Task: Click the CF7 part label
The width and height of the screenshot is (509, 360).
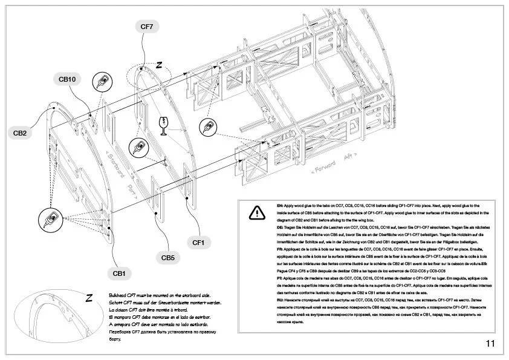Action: [147, 27]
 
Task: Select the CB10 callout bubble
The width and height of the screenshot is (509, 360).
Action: [66, 79]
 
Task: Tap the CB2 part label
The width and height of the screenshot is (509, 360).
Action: [20, 133]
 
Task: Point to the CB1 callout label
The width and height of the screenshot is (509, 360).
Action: [118, 273]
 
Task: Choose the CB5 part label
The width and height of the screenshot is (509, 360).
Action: [168, 258]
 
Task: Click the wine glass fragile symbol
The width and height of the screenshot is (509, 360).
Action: [163, 125]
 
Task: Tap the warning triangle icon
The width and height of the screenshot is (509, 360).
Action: [256, 212]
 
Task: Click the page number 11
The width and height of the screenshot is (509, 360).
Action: [490, 344]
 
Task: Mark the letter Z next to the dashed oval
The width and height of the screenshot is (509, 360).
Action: [159, 64]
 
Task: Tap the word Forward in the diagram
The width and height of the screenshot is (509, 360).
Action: [324, 166]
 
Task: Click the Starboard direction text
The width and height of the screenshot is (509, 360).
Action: [115, 162]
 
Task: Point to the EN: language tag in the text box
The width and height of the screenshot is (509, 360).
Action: [280, 206]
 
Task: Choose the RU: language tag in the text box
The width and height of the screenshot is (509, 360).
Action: [280, 301]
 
